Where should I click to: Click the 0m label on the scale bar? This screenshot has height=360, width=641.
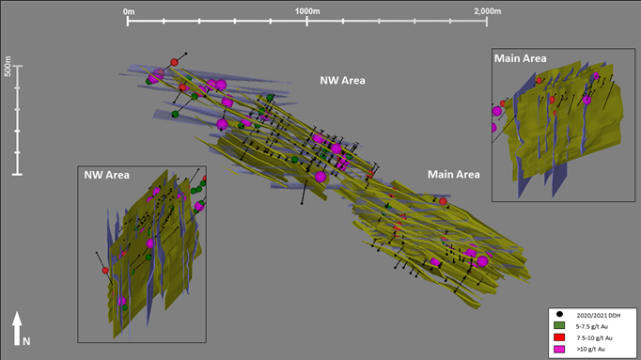(x=129, y=12)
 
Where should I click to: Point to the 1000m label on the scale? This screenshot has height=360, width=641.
(x=307, y=11)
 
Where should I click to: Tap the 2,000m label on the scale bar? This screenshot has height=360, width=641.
(x=487, y=11)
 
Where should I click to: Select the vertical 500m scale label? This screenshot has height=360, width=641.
(x=8, y=67)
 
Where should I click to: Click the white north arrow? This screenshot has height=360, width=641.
(x=17, y=329)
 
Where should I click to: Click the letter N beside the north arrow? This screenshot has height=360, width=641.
(x=26, y=341)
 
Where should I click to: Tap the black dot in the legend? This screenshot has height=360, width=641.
(x=559, y=314)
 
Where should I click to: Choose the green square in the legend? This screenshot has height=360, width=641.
(x=559, y=325)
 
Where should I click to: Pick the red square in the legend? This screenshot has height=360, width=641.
(x=559, y=337)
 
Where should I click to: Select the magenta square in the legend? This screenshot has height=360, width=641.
(x=559, y=349)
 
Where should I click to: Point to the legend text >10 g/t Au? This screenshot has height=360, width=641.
(x=591, y=349)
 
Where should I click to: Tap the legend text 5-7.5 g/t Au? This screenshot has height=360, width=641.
(x=592, y=326)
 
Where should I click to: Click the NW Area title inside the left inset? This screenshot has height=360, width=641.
(x=107, y=175)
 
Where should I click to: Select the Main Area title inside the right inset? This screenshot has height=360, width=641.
(x=521, y=58)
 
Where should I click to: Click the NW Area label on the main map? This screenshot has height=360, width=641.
(x=342, y=81)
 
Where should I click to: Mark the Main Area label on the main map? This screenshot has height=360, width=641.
(x=454, y=175)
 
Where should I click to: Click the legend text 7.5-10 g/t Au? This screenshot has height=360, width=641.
(x=594, y=338)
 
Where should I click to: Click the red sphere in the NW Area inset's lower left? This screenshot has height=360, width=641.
(x=105, y=271)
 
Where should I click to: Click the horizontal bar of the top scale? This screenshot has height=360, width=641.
(x=307, y=21)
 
